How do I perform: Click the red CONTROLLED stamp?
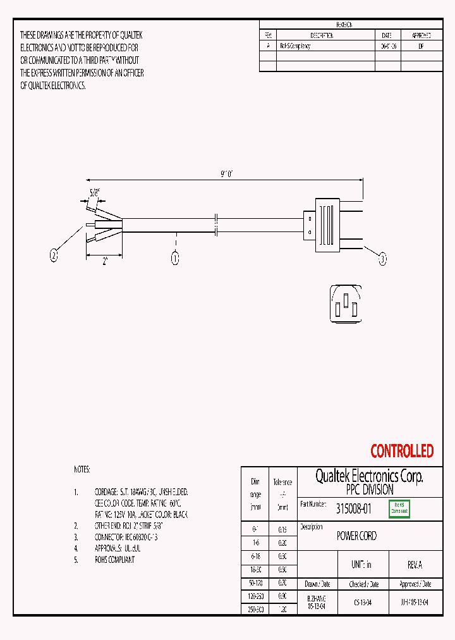402,451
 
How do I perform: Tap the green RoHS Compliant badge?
399,508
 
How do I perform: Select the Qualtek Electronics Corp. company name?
369,476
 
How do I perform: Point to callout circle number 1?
175,258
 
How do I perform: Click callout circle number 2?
54,255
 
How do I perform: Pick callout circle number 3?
382,258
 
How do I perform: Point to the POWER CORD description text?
356,536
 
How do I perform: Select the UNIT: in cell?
361,564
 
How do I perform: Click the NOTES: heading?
82,470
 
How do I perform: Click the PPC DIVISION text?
369,490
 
